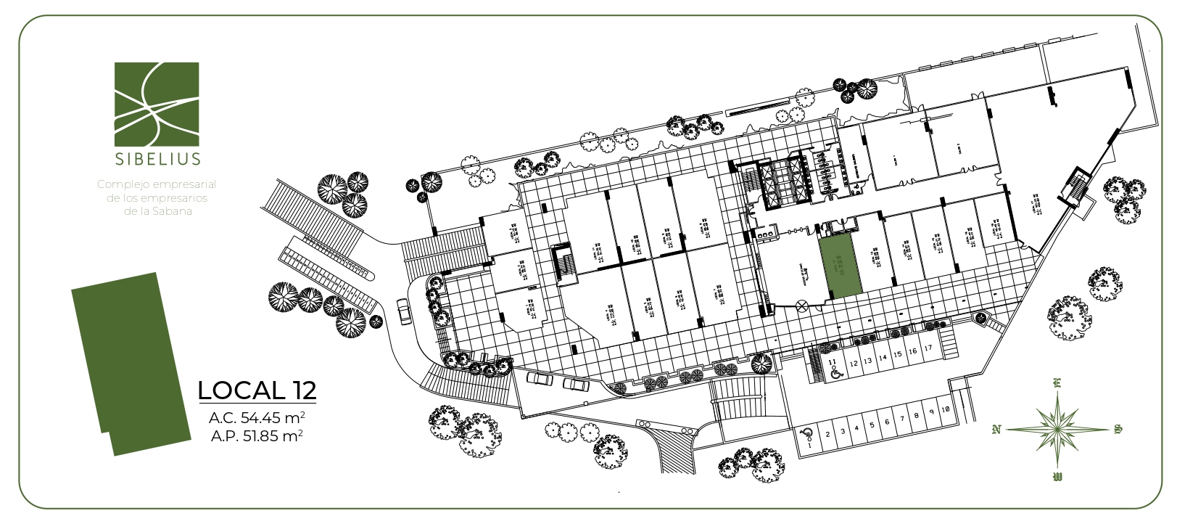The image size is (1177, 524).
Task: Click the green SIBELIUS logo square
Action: (157, 103)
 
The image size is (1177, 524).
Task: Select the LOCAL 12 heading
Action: (257, 390)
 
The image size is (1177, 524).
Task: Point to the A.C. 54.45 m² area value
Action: (257, 418)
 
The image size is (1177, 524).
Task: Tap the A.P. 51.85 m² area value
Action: (257, 436)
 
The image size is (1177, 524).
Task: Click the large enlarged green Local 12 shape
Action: (128, 363)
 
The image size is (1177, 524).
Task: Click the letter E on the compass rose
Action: (1057, 384)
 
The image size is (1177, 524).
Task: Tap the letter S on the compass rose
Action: (1118, 430)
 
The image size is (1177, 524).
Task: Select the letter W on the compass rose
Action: (1057, 477)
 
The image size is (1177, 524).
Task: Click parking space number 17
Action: (928, 349)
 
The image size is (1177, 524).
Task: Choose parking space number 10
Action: (946, 409)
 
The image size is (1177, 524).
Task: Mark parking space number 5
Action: (872, 422)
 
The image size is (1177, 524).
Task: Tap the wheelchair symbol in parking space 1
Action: (805, 434)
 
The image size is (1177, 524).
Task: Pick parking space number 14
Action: (883, 358)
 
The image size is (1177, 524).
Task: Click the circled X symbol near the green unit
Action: (801, 306)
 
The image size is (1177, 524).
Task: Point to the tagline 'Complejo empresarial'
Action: (157, 184)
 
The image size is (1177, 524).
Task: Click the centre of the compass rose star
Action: (1057, 429)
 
